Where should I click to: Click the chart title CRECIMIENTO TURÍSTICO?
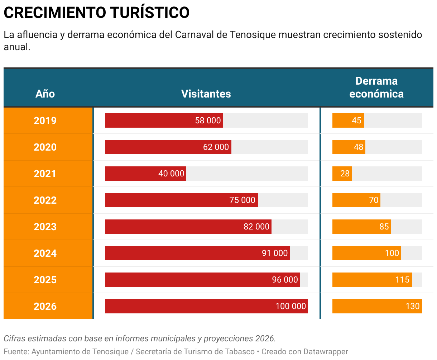96,13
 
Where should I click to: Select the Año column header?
45,94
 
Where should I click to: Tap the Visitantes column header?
206,94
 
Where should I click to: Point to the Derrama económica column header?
376,87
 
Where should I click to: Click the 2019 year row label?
45,120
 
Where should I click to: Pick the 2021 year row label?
45,174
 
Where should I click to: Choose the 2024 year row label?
45,253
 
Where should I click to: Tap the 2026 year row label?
45,306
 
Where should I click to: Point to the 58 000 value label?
208,120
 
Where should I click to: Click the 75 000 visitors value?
242,200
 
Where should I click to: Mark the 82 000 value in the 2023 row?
256,227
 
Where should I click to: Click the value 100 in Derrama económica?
392,253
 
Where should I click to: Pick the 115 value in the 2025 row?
402,280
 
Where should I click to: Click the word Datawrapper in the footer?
326,352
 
